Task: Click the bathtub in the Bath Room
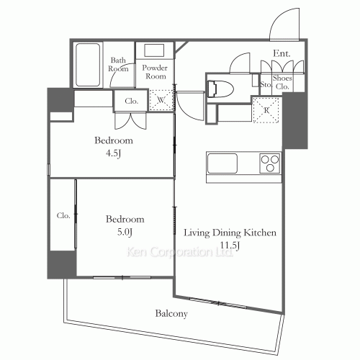point(88,65)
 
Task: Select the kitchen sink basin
point(222,163)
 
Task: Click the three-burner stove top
point(270,163)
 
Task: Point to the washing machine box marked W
point(161,100)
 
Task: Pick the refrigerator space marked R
point(266,110)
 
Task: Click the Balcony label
point(171,314)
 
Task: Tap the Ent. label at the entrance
point(282,53)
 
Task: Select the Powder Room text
point(155,72)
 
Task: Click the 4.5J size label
point(113,153)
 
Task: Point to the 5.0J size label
point(125,232)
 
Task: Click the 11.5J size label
point(230,246)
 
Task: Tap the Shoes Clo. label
point(282,82)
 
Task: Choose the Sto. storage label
point(266,84)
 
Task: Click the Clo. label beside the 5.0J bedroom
point(63,215)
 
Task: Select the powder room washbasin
point(154,50)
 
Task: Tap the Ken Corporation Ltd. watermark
point(179,252)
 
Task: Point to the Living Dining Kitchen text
point(230,233)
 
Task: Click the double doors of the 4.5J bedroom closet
point(130,121)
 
